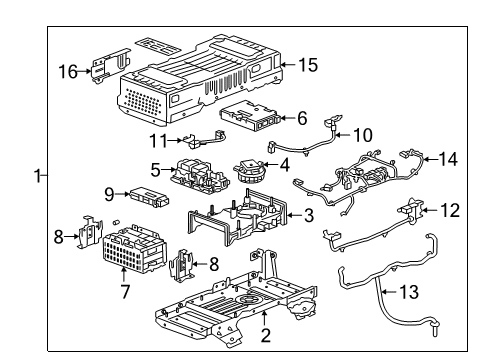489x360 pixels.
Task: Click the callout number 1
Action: tap(37, 177)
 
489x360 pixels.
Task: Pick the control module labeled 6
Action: tap(251, 118)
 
